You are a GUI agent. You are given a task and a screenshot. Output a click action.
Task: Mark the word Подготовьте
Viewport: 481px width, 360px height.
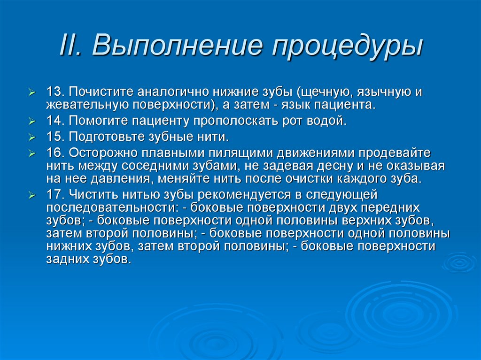(x=101, y=137)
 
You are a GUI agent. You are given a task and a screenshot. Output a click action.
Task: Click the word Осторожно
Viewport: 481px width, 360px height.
(x=100, y=153)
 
